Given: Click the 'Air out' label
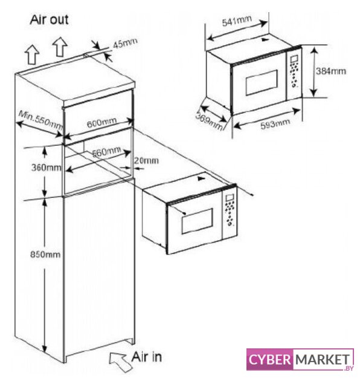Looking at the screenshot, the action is [x=49, y=20].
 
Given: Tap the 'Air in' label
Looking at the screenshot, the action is [x=146, y=357].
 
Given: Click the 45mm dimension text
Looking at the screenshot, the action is [x=125, y=44].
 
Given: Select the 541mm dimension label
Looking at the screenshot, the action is [x=237, y=21].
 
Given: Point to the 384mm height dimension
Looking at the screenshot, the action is [x=331, y=71].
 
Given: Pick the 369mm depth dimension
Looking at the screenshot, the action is [x=209, y=121].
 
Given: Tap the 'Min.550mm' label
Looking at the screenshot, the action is [x=41, y=120].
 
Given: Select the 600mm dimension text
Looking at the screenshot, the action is [x=101, y=123].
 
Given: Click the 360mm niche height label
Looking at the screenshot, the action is [x=46, y=167].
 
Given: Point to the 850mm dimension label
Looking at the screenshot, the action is [x=45, y=254].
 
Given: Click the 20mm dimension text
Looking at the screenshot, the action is [x=146, y=161].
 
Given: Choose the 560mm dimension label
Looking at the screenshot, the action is [x=106, y=152].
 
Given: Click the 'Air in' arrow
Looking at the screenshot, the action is [x=119, y=361].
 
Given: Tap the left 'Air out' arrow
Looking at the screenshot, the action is [x=32, y=55].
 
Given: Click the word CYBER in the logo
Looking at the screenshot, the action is [x=269, y=360].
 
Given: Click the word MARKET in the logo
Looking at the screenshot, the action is [x=323, y=360].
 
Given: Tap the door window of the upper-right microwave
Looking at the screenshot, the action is [x=262, y=83].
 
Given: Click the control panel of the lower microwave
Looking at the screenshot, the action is [x=230, y=212].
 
